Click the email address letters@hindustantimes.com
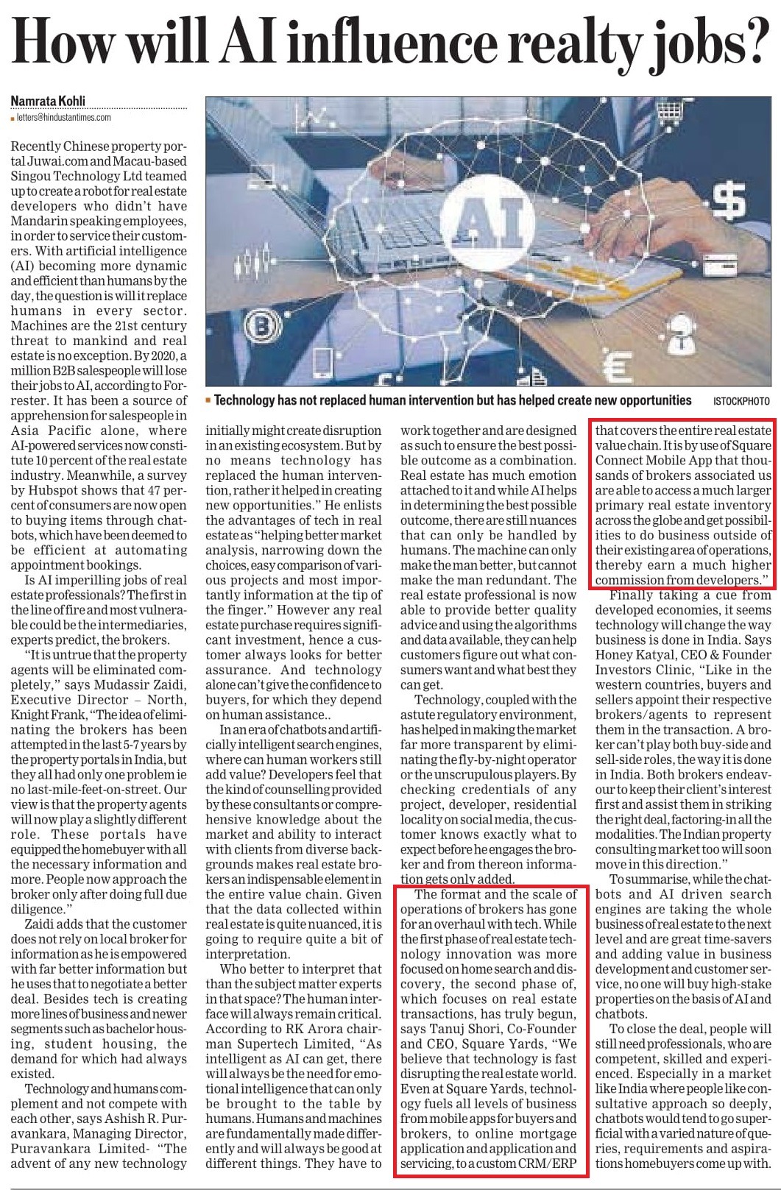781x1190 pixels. coord(63,117)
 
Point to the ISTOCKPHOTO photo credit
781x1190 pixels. coord(741,401)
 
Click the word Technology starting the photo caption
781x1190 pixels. coord(245,400)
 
